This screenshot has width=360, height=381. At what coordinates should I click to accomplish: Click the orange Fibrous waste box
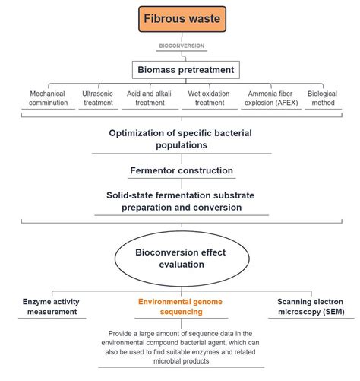180,19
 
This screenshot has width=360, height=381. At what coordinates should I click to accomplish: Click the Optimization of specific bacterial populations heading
180,139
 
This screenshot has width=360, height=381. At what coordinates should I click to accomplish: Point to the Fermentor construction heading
180,170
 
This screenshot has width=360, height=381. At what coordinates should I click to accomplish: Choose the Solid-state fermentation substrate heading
180,201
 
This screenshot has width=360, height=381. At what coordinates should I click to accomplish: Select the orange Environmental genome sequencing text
180,306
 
